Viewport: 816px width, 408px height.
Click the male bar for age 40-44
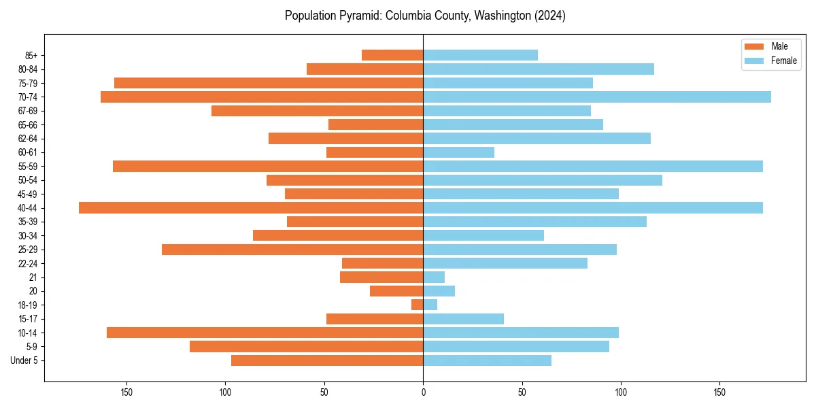point(251,208)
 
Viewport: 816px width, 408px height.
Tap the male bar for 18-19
point(417,305)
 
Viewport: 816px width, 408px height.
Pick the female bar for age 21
point(434,277)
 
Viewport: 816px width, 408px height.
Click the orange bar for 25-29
point(292,250)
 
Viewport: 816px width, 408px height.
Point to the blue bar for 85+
point(480,55)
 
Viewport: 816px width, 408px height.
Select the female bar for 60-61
point(458,152)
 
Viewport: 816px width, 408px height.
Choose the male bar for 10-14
point(265,333)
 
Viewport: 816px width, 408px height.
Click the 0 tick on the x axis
point(423,392)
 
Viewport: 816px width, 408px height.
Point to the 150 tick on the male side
point(126,392)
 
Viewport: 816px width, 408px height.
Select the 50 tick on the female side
point(522,392)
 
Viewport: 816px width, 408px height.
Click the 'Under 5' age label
point(24,360)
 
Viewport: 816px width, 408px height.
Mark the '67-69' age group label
point(28,111)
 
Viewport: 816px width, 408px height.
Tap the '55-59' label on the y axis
point(28,167)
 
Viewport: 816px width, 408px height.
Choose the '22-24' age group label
point(28,264)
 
